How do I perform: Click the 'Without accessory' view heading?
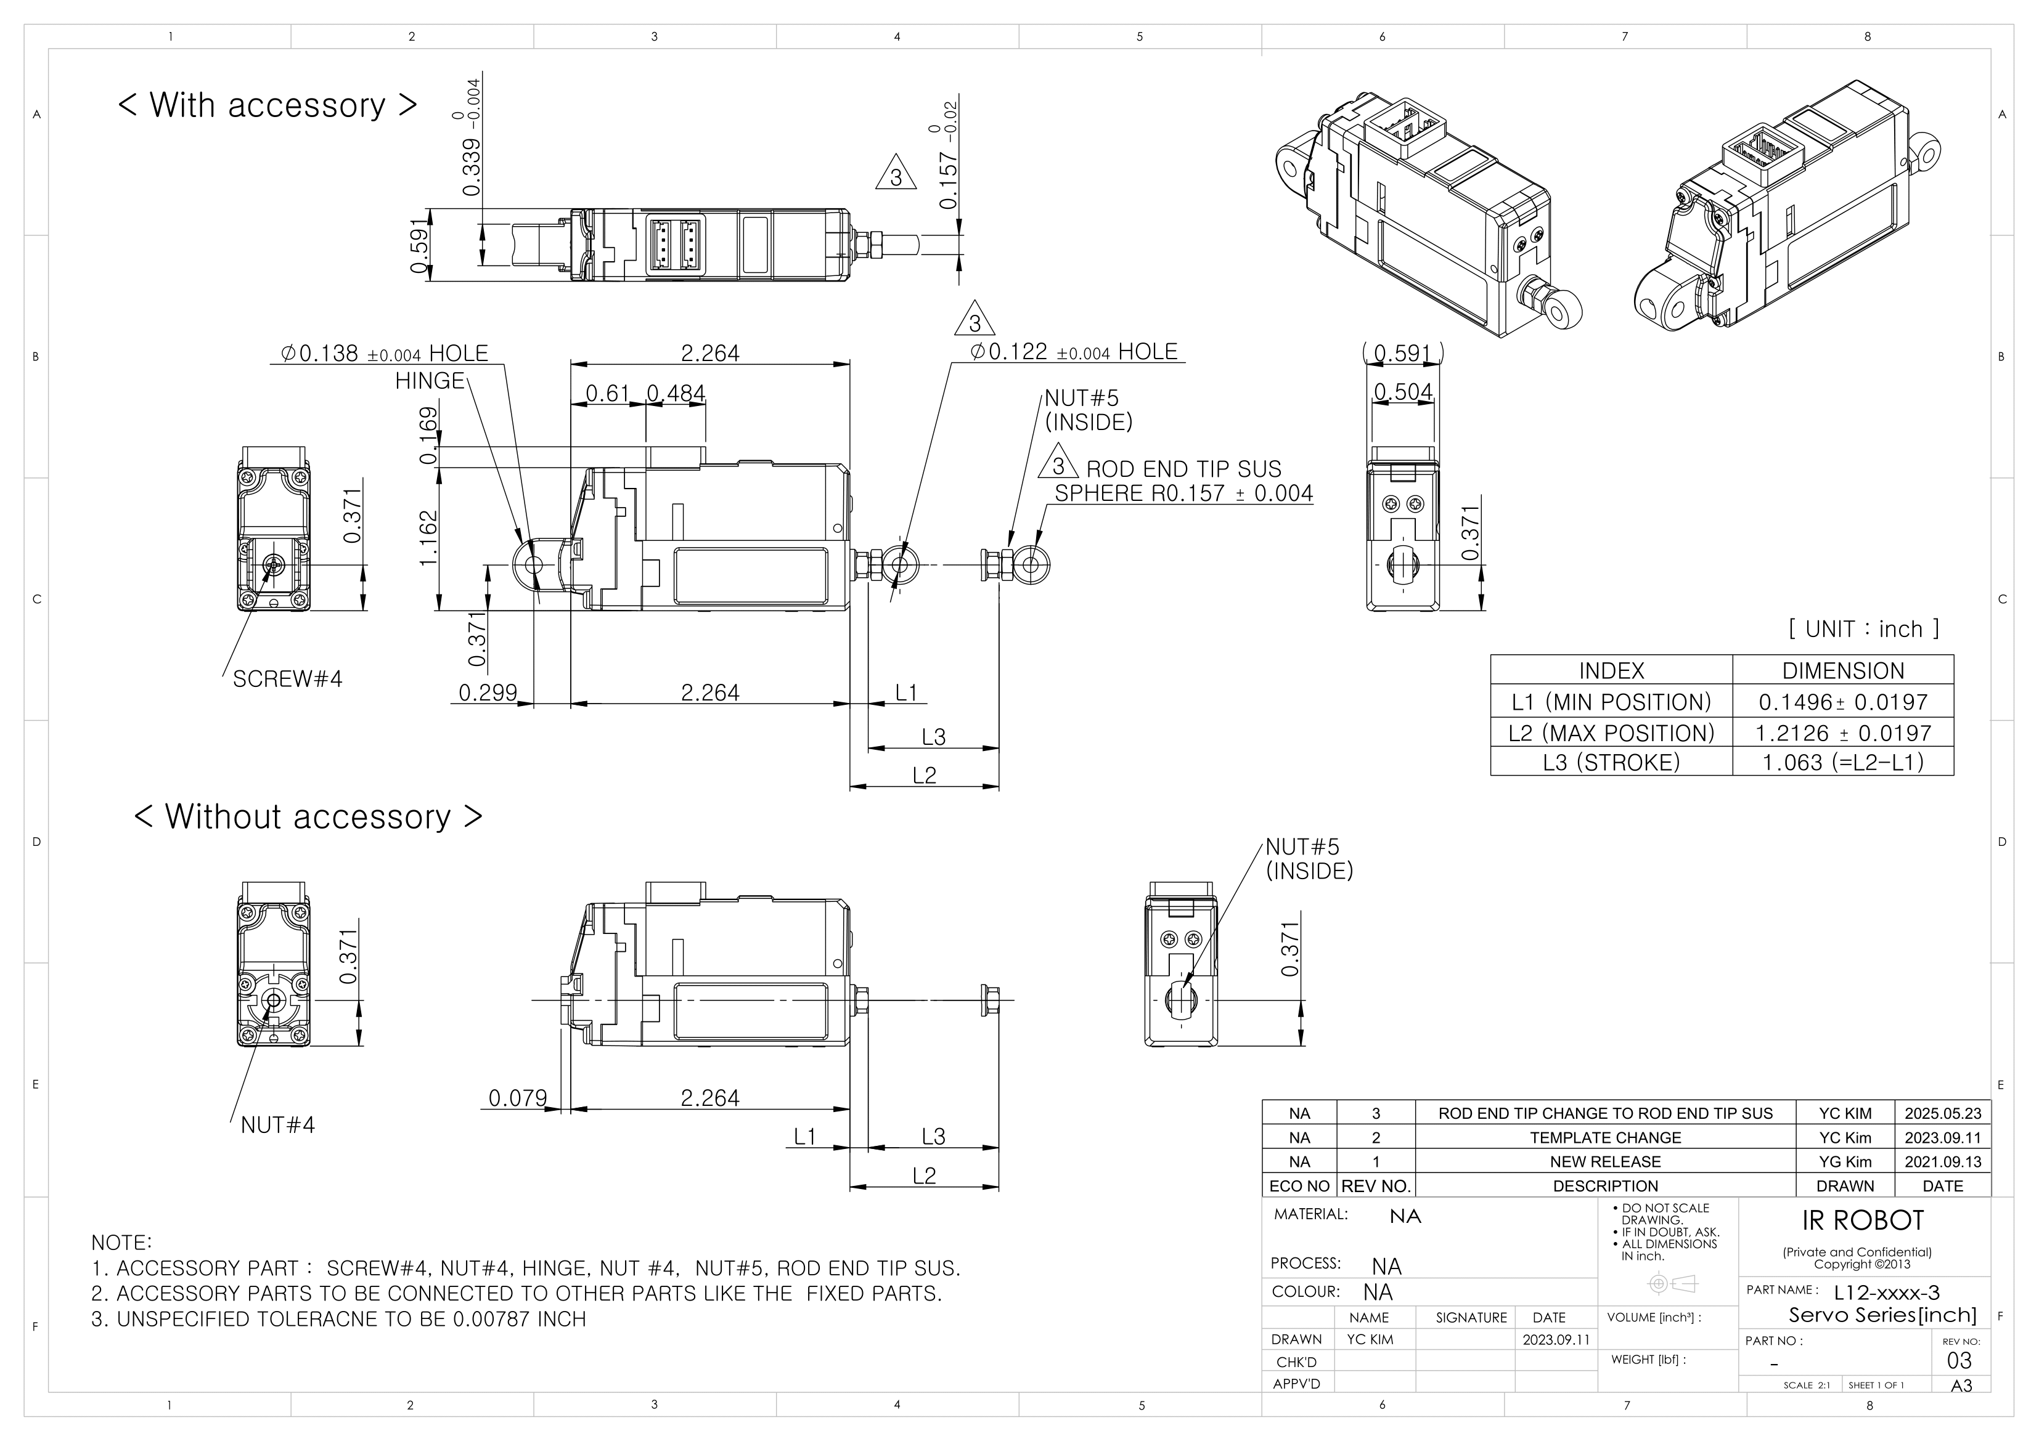tap(308, 817)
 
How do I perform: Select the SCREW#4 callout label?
tap(287, 679)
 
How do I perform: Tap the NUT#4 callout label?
tap(277, 1125)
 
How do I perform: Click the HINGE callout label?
tap(430, 381)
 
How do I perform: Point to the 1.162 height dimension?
tap(429, 537)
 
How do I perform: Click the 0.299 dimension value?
tap(488, 692)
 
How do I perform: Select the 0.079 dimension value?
tap(518, 1098)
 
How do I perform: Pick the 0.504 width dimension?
tap(1402, 392)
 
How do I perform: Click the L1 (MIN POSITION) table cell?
tap(1611, 702)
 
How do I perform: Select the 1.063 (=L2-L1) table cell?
tap(1843, 763)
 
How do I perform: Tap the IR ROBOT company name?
tap(1862, 1221)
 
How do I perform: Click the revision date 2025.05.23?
tap(1942, 1113)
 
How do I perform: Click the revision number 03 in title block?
tap(1958, 1361)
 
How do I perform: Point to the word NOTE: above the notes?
tap(121, 1242)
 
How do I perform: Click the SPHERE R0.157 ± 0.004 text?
tap(1183, 493)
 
